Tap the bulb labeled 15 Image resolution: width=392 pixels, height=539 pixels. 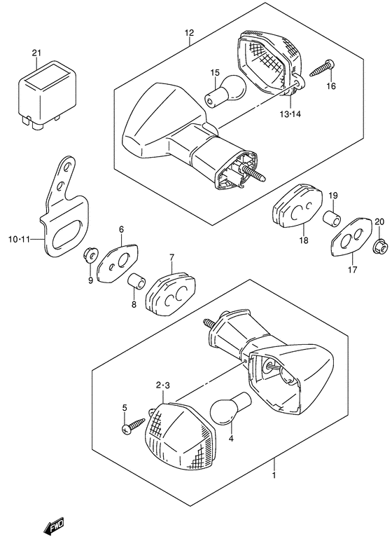[227, 93]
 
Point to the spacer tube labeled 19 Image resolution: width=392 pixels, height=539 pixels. [332, 218]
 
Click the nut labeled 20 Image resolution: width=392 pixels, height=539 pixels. [381, 246]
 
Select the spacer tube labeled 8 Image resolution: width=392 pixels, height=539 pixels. [136, 282]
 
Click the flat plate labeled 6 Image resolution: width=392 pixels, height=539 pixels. [117, 263]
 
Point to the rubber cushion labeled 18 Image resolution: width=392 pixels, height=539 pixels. [297, 205]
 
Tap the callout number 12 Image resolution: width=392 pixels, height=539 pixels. [189, 33]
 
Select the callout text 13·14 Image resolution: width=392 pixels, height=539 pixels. [290, 114]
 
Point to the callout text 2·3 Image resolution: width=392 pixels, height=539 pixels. [162, 386]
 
